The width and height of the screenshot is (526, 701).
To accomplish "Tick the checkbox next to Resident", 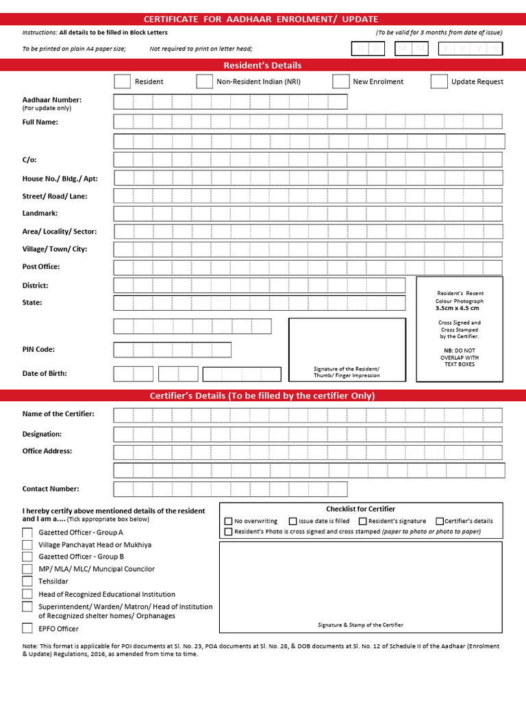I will click(122, 81).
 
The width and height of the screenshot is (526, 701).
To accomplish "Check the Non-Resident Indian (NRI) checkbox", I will click(204, 81).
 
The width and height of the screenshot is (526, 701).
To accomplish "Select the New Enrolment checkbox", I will click(340, 81).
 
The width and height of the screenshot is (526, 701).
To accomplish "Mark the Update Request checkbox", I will click(439, 81).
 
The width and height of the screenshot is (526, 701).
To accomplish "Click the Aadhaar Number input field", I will click(230, 102).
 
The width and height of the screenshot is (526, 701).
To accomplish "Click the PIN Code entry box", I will click(172, 350).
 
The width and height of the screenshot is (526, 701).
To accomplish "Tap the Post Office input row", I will click(308, 267).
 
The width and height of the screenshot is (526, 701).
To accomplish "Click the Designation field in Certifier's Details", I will click(308, 435).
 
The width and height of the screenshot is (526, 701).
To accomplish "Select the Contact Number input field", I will click(230, 489).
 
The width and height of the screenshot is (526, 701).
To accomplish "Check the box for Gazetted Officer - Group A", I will click(27, 532).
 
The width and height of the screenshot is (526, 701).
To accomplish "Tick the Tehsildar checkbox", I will click(27, 581).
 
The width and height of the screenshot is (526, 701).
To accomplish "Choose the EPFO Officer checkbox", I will click(27, 628).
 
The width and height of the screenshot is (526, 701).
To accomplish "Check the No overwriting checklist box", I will click(229, 521).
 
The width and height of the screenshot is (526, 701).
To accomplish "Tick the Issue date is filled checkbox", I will click(293, 521).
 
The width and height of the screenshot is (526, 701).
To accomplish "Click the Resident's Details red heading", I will click(263, 66).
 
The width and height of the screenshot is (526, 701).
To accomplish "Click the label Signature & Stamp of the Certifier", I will click(360, 625).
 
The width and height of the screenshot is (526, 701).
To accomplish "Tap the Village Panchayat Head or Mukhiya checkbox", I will click(27, 545).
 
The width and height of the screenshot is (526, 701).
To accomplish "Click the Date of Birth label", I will click(45, 374).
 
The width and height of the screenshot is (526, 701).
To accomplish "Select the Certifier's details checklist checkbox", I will click(440, 521).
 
